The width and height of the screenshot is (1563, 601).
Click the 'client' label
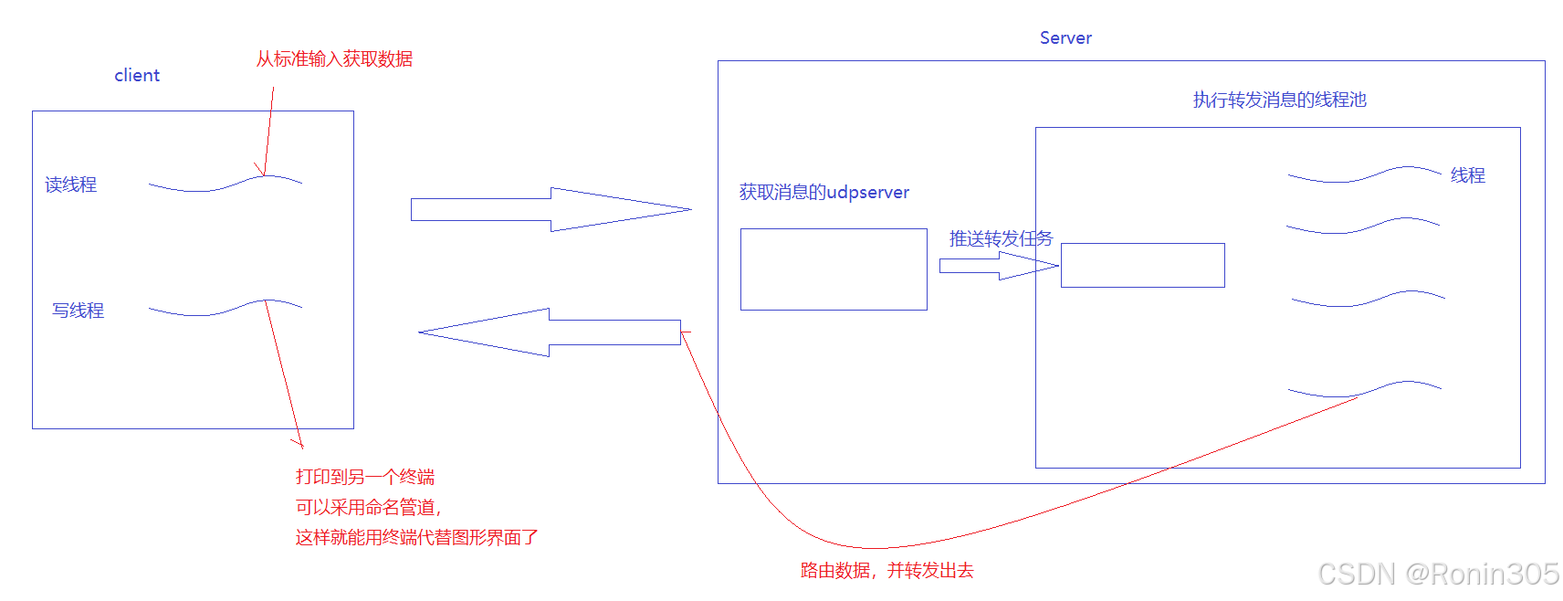click(137, 75)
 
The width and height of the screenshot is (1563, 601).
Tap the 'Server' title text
click(1065, 37)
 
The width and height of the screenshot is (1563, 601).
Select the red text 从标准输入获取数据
click(334, 58)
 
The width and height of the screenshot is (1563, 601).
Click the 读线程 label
click(70, 185)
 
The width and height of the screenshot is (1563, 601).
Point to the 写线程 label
click(78, 311)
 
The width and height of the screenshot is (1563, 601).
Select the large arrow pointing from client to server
click(548, 209)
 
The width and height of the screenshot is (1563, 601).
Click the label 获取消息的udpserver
click(823, 192)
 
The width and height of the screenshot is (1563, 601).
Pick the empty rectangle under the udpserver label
click(834, 269)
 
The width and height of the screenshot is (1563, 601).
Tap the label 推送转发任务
click(1001, 238)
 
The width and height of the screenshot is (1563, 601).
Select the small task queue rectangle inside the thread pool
click(1142, 265)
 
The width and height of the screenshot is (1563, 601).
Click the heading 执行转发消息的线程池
click(1279, 100)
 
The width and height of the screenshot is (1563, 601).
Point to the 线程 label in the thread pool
click(1467, 174)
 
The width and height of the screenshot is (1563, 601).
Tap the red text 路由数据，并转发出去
click(886, 570)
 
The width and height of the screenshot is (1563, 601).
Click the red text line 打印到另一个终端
click(365, 477)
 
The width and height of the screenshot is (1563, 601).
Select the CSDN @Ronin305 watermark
click(1438, 574)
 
